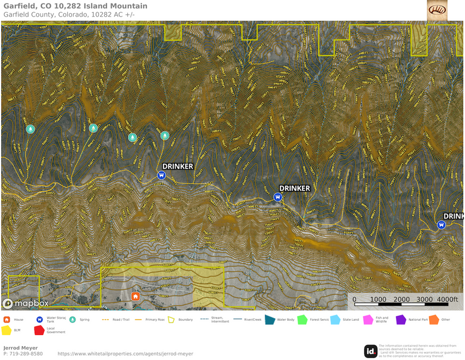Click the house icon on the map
click(135, 297)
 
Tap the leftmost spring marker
click(30, 129)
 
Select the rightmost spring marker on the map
click(165, 135)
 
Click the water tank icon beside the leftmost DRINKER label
click(162, 176)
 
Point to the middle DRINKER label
click(295, 188)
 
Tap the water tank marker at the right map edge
click(441, 225)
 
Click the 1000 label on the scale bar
click(378, 300)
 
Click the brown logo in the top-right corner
click(437, 10)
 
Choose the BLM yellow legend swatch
click(7, 330)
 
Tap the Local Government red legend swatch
click(39, 330)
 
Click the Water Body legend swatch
click(269, 319)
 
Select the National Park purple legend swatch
click(401, 319)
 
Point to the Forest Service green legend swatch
click(302, 319)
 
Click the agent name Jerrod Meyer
click(21, 348)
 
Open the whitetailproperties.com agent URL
click(125, 354)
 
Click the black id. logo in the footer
click(371, 351)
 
